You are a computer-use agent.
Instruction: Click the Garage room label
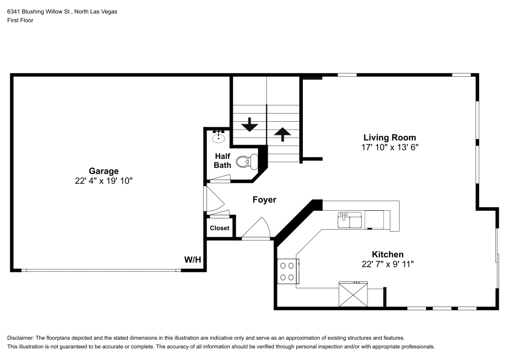click(x=104, y=171)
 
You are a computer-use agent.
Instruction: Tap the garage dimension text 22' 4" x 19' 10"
click(x=104, y=181)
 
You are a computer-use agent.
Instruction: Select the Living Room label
click(x=389, y=137)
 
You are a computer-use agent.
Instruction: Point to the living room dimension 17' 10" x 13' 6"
click(x=389, y=147)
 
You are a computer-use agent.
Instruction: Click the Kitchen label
click(x=387, y=254)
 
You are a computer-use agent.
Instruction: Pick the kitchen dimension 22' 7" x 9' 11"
click(x=387, y=264)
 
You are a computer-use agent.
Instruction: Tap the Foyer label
click(x=264, y=200)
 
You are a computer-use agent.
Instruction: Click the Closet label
click(x=219, y=228)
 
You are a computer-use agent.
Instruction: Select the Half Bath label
click(x=222, y=160)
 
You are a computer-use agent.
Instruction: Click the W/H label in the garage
click(x=192, y=260)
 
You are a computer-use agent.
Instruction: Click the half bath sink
click(x=219, y=136)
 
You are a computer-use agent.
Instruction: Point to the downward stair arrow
click(x=249, y=124)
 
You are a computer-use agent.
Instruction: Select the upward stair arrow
click(x=282, y=133)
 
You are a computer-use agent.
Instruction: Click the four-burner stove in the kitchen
click(x=288, y=271)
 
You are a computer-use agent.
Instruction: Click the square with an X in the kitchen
click(x=353, y=295)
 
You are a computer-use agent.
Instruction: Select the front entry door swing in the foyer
click(x=257, y=229)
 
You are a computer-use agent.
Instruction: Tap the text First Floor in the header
click(x=20, y=20)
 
